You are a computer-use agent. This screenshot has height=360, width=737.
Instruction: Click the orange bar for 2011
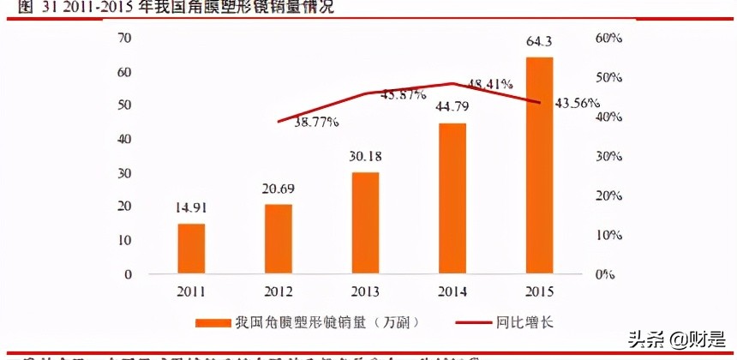192,249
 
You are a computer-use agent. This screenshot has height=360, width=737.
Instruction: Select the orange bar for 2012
279,239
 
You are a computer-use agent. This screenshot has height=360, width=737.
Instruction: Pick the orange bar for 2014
452,198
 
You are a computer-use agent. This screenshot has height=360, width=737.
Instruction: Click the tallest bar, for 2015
539,165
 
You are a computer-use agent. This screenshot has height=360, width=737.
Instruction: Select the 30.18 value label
366,157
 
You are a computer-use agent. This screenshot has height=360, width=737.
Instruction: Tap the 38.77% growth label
316,123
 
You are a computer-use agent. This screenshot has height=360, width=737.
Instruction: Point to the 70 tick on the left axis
124,39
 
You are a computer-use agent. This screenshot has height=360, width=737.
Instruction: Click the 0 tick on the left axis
128,274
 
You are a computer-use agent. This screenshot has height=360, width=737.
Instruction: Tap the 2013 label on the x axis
366,291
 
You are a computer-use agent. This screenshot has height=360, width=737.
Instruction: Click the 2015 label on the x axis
539,291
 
